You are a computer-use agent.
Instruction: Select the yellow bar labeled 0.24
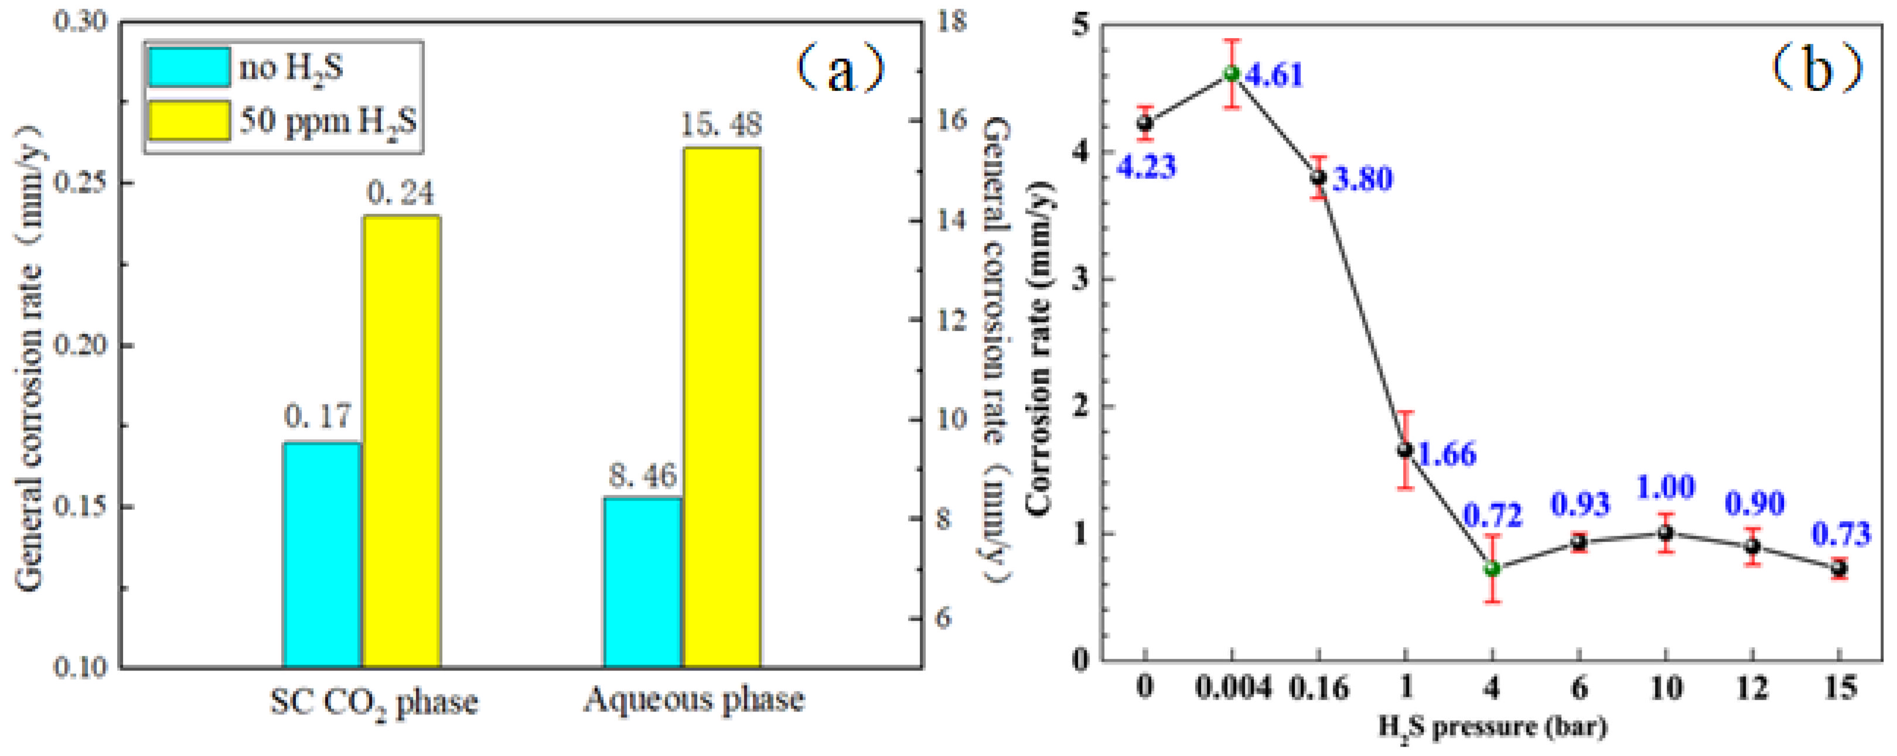[x=401, y=442]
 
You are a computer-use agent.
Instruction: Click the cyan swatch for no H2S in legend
[x=189, y=68]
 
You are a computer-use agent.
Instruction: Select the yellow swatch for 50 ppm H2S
[x=189, y=120]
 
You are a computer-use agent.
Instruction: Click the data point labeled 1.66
[x=1405, y=450]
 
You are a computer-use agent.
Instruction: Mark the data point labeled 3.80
[x=1318, y=177]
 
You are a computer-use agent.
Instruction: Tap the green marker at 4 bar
[x=1492, y=568]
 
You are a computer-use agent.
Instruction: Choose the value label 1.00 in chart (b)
[x=1665, y=487]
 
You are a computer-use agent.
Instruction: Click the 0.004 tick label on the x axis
[x=1232, y=688]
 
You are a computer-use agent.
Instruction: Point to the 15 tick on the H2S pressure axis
[x=1839, y=688]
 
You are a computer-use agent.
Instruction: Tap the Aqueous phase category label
[x=694, y=700]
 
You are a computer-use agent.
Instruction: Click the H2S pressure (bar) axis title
[x=1492, y=728]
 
